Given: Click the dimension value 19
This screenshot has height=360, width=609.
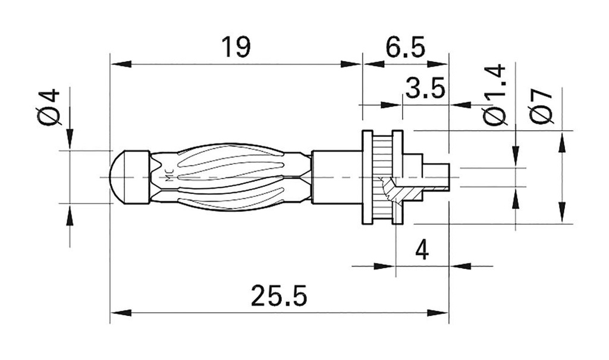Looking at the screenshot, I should tap(235, 48).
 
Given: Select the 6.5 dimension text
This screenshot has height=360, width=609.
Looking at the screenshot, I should tap(405, 48).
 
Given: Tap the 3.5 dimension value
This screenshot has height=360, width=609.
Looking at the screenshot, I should tap(425, 89).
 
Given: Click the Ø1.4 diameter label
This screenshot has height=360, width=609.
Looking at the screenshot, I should tap(495, 95).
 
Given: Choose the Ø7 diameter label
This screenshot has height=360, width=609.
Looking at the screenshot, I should tap(542, 105).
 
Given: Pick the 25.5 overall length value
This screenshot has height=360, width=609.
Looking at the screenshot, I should tap(279, 296).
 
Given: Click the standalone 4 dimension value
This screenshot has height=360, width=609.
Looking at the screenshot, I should tap(422, 251).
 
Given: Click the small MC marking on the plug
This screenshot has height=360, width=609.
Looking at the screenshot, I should tap(168, 177).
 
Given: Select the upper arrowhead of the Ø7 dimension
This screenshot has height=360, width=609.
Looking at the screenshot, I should tap(561, 143).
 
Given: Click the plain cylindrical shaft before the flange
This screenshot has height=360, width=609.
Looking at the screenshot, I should tap(336, 177).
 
